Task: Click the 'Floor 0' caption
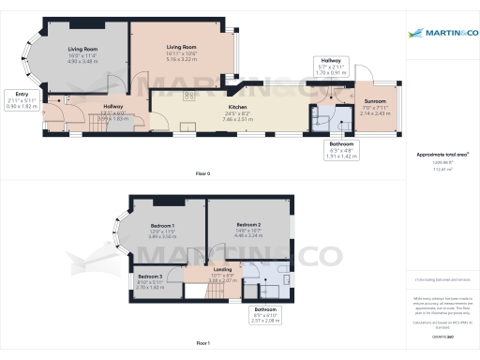click(x=202, y=174)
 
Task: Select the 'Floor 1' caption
click(x=202, y=344)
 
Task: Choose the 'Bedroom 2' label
click(x=247, y=225)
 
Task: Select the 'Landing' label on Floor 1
click(x=223, y=270)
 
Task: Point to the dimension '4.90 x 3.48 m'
click(x=82, y=61)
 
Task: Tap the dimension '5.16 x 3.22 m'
click(x=181, y=58)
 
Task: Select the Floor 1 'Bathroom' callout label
click(x=264, y=309)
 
